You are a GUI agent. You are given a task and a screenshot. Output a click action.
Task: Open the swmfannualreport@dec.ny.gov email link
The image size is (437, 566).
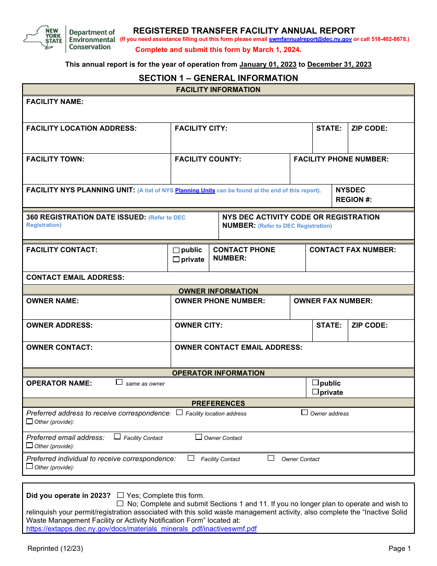pos(310,40)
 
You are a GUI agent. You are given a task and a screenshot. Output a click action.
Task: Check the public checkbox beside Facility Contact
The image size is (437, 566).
pos(176,250)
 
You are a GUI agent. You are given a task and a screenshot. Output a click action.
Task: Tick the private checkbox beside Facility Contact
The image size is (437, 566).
pos(176,260)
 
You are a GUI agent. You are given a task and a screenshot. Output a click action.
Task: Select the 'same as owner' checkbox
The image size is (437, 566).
pos(119,382)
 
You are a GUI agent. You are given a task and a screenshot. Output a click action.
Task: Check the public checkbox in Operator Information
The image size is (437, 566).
pos(316,382)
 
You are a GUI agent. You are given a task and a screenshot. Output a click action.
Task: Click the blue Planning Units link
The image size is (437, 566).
pos(195,191)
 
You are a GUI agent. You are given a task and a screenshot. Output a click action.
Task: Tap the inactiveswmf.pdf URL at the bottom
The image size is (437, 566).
pos(141,529)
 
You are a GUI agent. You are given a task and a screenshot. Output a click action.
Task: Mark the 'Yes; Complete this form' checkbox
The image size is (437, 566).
pos(121,495)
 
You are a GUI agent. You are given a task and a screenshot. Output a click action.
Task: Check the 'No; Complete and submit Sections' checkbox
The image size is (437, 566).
pos(121,503)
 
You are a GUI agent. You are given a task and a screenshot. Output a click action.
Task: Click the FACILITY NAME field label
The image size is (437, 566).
pos(55,102)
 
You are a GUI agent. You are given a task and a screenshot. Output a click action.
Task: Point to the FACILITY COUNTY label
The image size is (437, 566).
pos(208,159)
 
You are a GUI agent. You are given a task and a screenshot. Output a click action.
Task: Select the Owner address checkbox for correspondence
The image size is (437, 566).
pos(305,412)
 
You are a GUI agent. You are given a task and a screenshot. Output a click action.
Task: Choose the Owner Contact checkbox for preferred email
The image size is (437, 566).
pos(199,437)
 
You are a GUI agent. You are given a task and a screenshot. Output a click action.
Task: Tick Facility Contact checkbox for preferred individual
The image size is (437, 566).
pos(191,458)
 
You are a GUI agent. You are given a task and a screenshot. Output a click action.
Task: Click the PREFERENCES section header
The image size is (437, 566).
pos(218,403)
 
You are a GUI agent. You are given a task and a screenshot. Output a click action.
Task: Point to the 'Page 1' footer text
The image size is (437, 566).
pos(399,548)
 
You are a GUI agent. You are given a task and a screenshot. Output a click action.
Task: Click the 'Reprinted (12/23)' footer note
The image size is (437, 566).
pos(55,548)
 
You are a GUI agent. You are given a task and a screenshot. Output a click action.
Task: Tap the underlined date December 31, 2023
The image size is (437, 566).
pos(339,64)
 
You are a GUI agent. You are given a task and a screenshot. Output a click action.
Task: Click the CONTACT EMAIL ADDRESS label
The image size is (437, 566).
pos(75,277)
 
